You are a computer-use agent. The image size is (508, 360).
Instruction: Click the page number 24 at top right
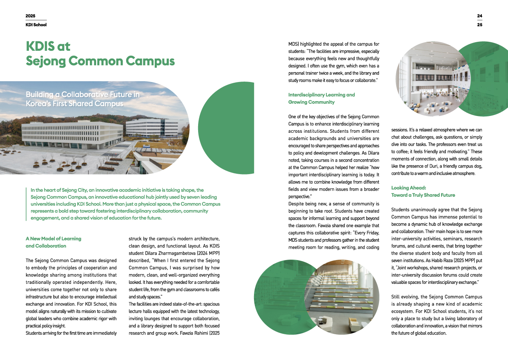point(479,16)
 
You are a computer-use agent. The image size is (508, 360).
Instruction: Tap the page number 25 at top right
point(479,25)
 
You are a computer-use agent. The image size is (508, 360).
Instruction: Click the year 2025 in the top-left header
point(30,16)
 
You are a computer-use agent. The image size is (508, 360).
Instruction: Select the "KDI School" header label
point(36,25)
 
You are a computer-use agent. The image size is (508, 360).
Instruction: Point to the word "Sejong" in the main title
point(50,61)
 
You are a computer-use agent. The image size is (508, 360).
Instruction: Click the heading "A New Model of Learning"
point(53,238)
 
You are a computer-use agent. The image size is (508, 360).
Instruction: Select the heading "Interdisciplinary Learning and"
point(321,94)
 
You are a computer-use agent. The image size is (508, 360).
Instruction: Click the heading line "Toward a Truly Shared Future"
point(423,195)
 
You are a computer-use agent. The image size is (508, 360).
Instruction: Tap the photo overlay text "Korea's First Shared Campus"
point(74,104)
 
